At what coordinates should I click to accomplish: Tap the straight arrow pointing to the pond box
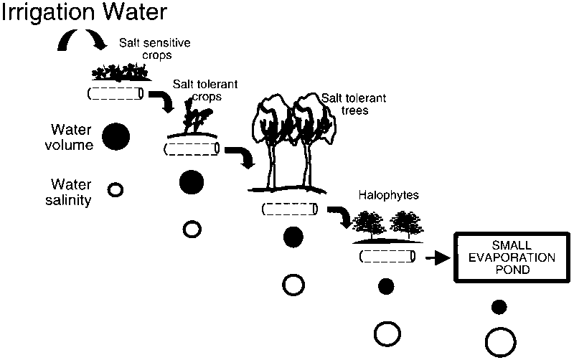[437, 257]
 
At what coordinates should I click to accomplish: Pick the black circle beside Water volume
[116, 136]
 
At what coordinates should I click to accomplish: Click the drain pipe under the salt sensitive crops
[116, 93]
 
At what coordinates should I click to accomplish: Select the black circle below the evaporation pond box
[499, 307]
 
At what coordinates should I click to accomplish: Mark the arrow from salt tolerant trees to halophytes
[339, 216]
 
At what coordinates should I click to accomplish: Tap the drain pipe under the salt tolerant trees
[289, 209]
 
